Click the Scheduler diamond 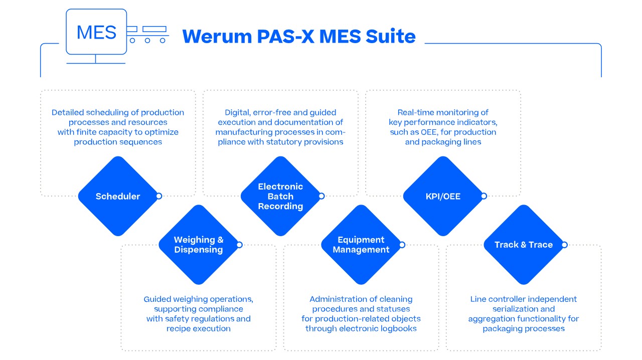point(118,197)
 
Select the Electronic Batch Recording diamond point(280,197)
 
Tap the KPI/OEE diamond point(443,197)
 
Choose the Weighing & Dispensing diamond point(199,245)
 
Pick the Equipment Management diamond point(361,245)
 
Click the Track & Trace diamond point(524,245)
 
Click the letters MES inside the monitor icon point(97,33)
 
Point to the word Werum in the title point(217,37)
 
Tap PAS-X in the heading point(285,37)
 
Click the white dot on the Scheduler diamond point(159,196)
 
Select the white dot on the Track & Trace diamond point(565,245)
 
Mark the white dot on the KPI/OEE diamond point(484,196)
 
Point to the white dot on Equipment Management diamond point(402,245)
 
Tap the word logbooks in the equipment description point(398,328)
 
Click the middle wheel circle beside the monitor point(147,41)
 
